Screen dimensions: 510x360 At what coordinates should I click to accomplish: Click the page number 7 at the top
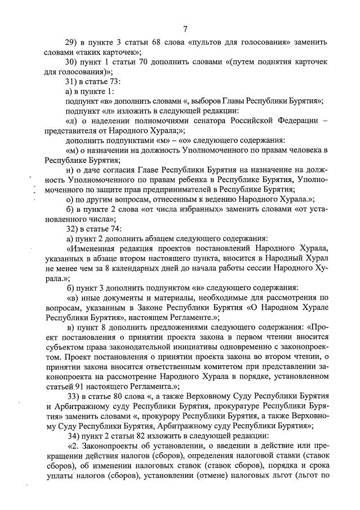coord(185,29)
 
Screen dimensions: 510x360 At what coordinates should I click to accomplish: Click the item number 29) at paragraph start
coord(74,43)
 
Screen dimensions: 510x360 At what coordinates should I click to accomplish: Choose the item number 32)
coord(74,228)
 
